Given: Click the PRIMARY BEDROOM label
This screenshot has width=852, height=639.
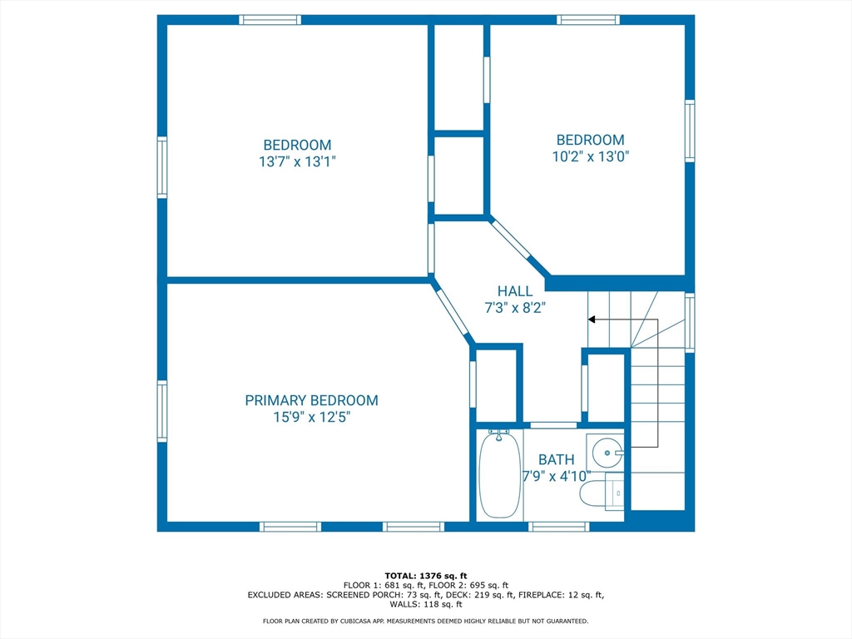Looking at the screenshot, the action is tap(311, 400).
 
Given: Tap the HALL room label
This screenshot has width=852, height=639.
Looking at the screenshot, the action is tap(514, 291).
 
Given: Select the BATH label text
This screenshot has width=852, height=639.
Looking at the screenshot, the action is tap(556, 459).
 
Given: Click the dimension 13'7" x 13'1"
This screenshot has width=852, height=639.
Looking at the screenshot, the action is tap(297, 162).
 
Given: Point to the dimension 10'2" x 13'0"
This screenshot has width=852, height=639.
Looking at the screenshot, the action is tap(591, 157).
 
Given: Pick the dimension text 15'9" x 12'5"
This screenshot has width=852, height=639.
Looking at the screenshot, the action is tap(311, 418).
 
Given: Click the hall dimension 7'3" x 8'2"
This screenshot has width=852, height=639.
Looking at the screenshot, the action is tap(514, 308).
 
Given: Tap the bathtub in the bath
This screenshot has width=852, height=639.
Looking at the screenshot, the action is tap(499, 473).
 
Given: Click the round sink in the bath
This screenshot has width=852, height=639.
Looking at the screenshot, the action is tap(607, 452).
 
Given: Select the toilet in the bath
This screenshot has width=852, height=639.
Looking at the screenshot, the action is tap(602, 491).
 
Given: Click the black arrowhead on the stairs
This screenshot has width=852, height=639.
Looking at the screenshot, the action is tap(592, 319).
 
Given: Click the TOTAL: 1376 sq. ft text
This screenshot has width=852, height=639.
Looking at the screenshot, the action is tap(426, 576).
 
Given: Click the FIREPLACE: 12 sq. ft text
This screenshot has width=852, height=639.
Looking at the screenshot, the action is tap(561, 595).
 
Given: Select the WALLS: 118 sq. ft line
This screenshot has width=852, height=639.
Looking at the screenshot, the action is tap(426, 604).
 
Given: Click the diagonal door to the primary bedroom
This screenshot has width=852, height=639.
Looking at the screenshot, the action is tap(453, 313).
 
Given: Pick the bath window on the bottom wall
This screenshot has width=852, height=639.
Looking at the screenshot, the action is tap(558, 527).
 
